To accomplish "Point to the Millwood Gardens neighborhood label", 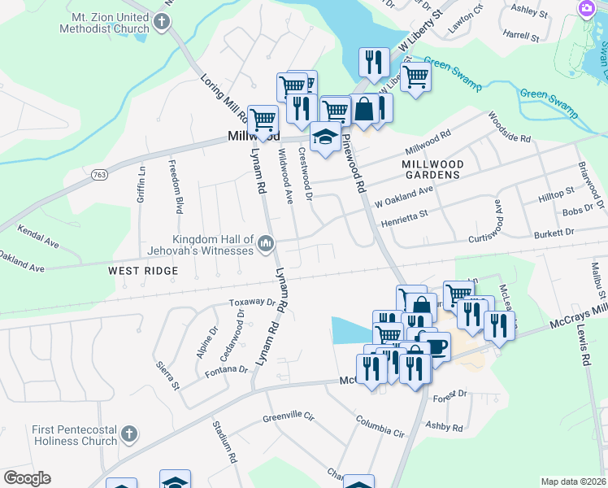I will coord(432,169).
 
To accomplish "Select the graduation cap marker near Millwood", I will coord(325,136).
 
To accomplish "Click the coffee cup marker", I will coord(435,346).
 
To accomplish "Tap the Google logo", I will coord(27,478).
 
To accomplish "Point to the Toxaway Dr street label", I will coord(252,302).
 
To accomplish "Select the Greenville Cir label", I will coord(288,418).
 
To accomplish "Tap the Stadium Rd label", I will coord(224,439).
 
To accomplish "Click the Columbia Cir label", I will coord(380,426).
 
